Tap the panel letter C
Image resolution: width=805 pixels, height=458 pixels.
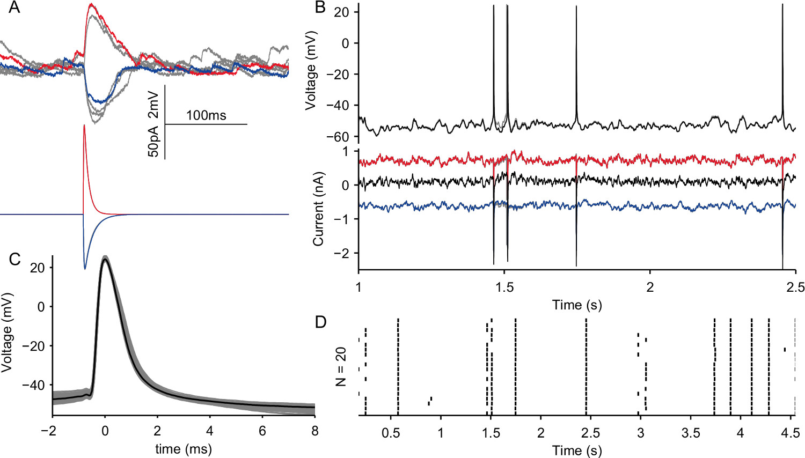click(x=14, y=259)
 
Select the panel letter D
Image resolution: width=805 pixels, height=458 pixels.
click(x=320, y=322)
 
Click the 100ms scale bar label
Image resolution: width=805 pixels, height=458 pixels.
click(x=206, y=115)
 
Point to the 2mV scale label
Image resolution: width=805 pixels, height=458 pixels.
click(x=154, y=105)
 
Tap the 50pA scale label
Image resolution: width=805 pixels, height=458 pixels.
click(x=154, y=142)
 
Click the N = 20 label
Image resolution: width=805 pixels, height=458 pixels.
click(x=341, y=367)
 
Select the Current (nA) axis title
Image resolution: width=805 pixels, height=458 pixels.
click(x=318, y=209)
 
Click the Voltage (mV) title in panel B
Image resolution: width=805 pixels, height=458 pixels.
click(x=310, y=70)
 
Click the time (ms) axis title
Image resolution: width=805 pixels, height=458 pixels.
click(x=184, y=449)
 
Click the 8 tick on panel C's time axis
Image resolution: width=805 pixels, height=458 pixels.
click(x=314, y=431)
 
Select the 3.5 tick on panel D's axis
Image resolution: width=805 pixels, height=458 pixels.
click(x=691, y=432)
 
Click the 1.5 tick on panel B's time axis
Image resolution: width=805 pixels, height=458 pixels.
click(x=504, y=287)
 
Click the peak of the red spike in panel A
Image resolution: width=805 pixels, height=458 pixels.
click(x=84, y=125)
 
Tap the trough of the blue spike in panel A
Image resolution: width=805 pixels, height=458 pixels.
click(x=84, y=269)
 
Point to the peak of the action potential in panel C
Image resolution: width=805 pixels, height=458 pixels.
click(x=105, y=260)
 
